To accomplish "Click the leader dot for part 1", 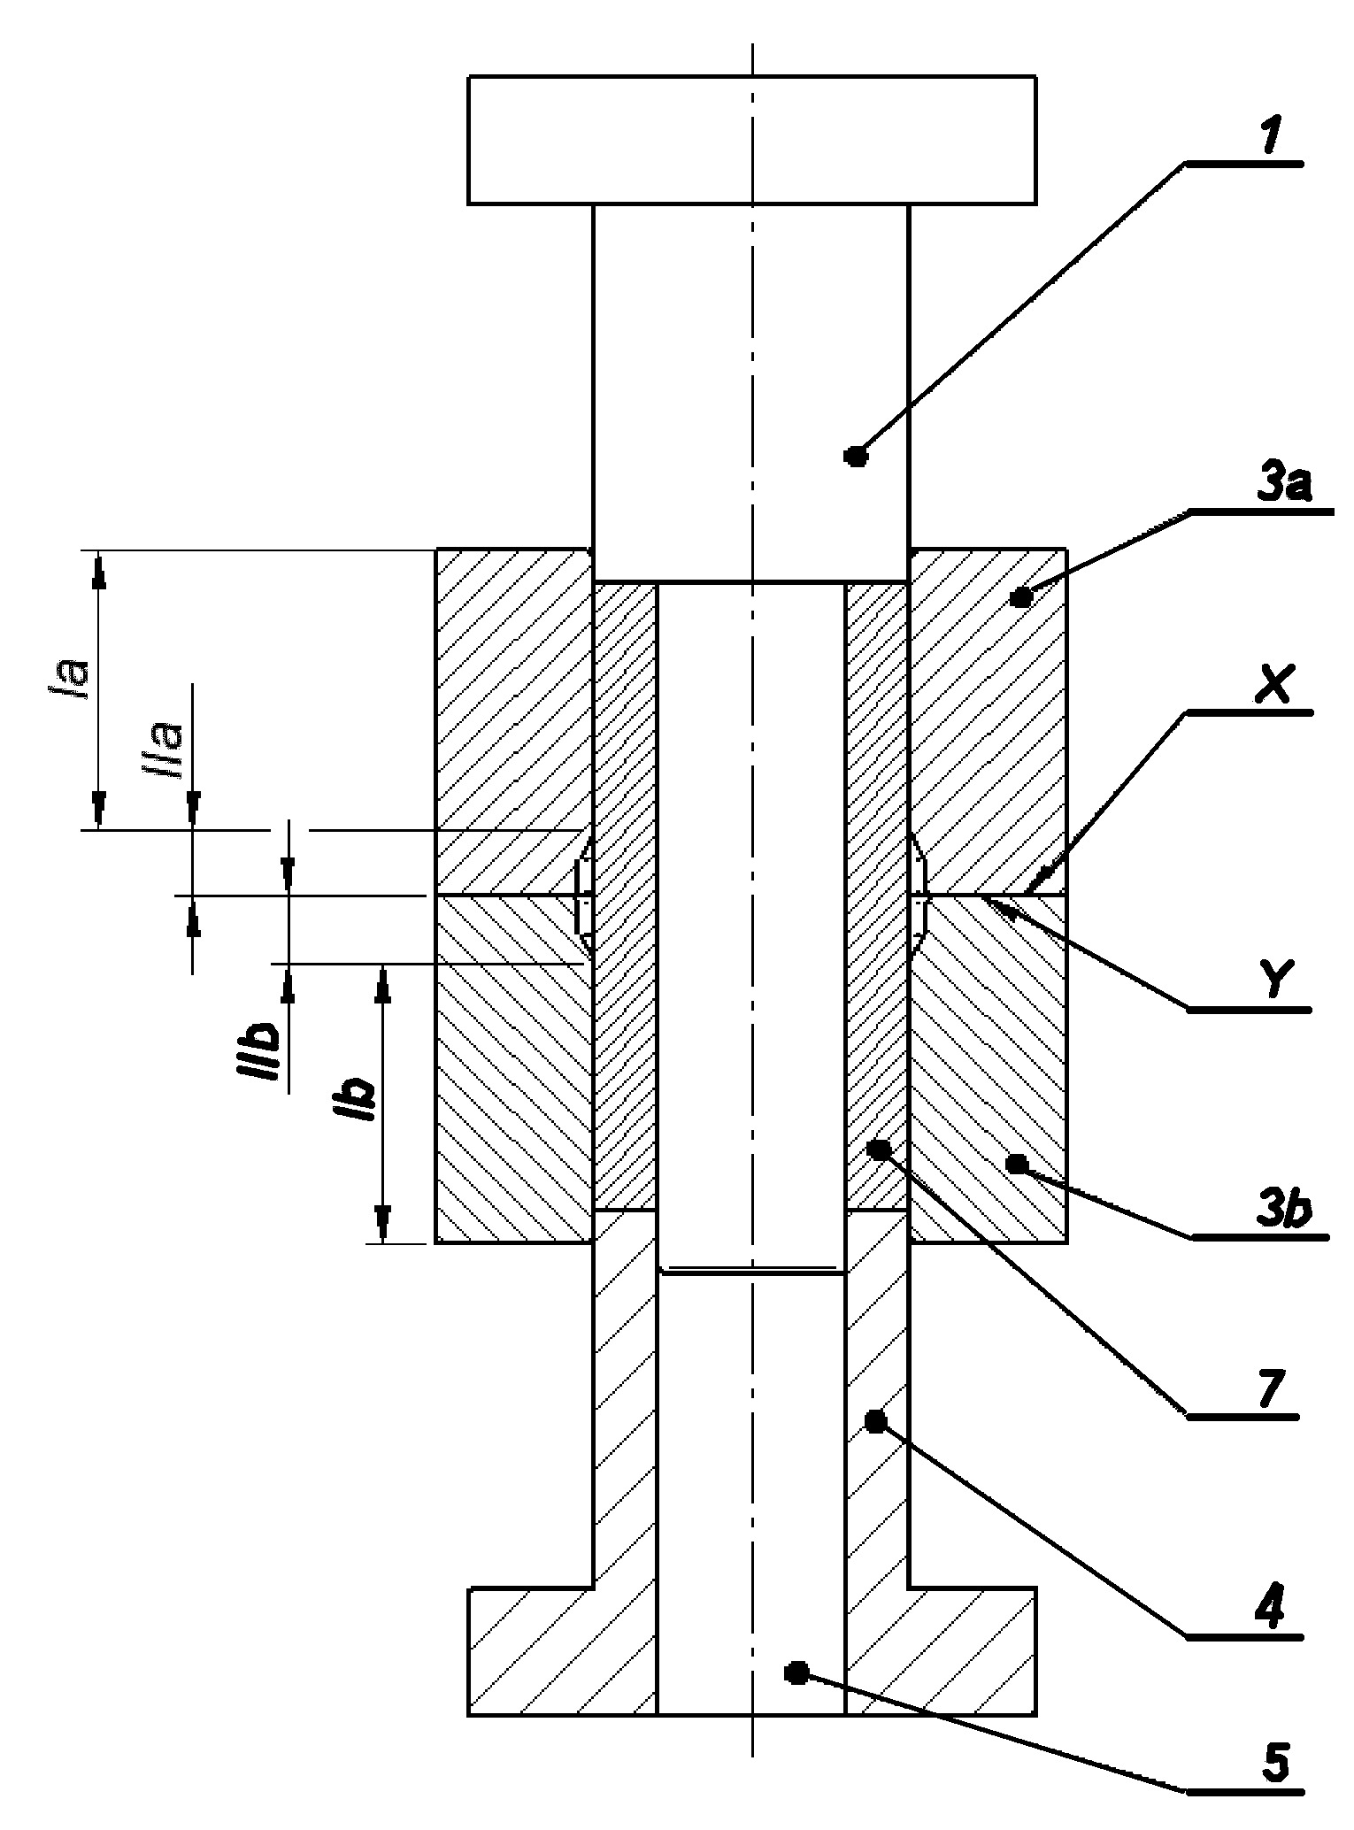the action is tap(856, 457).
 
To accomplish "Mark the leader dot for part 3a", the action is tap(1021, 598).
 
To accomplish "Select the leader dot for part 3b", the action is tap(1018, 1163).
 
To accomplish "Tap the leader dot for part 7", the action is tap(879, 1150).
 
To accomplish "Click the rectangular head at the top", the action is tap(752, 140).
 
